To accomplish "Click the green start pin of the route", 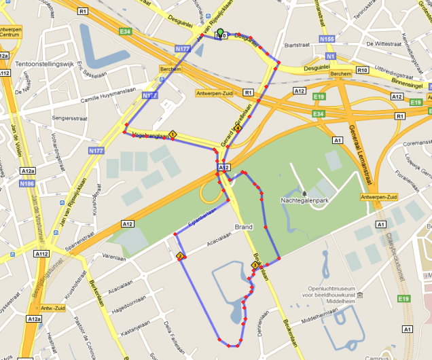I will pos(220,31).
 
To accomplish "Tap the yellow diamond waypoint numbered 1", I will pos(173,134).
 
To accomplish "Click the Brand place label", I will pos(243,227).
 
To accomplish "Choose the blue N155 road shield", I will pos(326,39).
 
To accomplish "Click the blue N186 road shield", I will pos(27,183).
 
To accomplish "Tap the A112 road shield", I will pos(42,253).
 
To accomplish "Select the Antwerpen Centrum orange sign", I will pos(10,33).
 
